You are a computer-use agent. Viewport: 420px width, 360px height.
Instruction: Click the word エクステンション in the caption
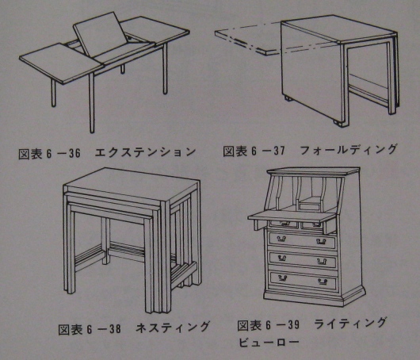(x=145, y=152)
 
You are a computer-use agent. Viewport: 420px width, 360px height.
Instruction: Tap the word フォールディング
(x=348, y=150)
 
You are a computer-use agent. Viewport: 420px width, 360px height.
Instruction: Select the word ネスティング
(x=173, y=327)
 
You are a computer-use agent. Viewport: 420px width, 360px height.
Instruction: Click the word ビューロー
(x=269, y=342)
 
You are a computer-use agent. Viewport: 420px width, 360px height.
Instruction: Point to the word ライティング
(x=350, y=323)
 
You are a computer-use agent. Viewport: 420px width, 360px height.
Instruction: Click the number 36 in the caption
(x=74, y=153)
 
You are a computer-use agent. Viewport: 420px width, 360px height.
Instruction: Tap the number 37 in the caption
(x=279, y=151)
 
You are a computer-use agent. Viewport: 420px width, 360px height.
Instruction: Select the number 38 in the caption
(x=115, y=329)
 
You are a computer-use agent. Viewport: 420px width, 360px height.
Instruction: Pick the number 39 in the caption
(x=293, y=325)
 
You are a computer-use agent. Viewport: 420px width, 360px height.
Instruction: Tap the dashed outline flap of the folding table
(x=248, y=40)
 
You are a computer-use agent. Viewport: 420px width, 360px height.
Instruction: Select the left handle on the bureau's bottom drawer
(x=282, y=278)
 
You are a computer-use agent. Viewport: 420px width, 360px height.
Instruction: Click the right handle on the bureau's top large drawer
(x=321, y=241)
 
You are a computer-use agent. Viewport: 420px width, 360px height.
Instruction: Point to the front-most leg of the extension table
(x=92, y=103)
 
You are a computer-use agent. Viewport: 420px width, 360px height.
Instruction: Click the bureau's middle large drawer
(x=303, y=259)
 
